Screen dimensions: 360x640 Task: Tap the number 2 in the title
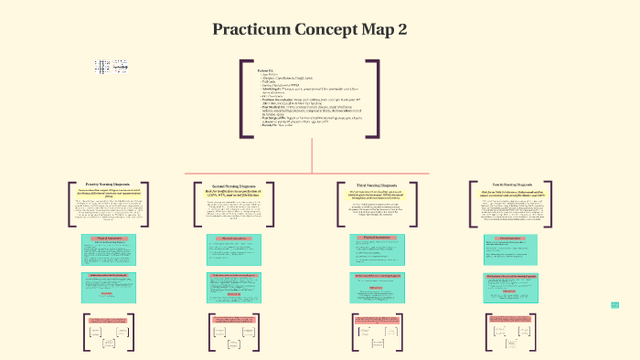coord(401,29)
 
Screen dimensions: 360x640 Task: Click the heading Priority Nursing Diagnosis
coord(102,185)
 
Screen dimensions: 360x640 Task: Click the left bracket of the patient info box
coord(243,99)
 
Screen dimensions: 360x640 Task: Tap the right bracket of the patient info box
coord(375,99)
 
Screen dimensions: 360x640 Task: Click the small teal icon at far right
coord(615,305)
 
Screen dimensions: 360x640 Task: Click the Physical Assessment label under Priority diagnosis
coord(102,238)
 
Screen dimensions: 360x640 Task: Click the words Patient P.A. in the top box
coord(265,69)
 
